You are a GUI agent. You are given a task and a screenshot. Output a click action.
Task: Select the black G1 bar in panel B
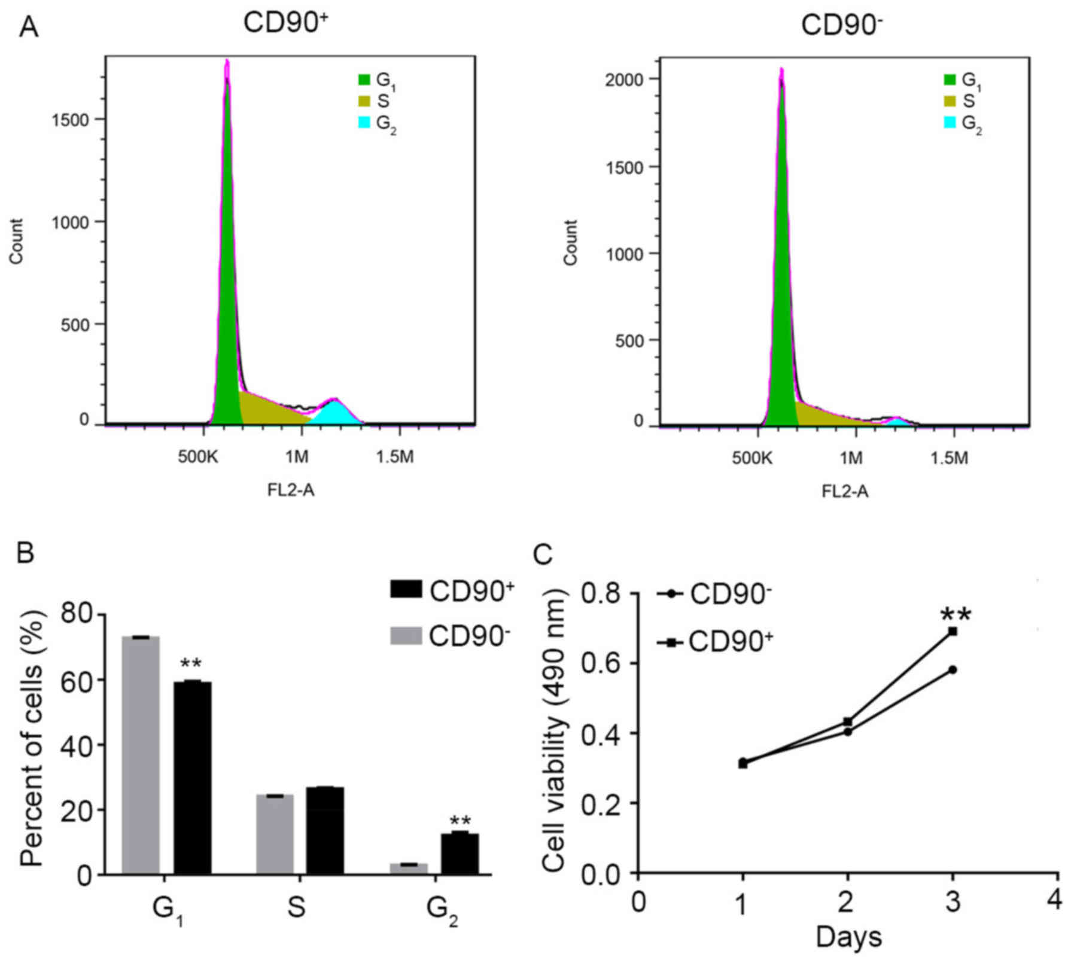point(192,778)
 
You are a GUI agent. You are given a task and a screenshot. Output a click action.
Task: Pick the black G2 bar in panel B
point(460,854)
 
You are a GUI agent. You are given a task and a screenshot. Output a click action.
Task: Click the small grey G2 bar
point(409,868)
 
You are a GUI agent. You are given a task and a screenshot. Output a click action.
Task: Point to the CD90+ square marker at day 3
point(953,632)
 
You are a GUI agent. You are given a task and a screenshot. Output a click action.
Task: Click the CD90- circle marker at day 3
point(953,670)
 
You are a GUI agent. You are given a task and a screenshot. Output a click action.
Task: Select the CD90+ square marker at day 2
point(848,722)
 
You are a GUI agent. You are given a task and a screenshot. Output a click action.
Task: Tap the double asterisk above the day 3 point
point(956,614)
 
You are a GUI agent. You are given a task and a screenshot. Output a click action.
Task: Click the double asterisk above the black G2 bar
point(460,821)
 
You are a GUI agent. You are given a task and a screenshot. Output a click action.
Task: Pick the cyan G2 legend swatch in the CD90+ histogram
point(364,123)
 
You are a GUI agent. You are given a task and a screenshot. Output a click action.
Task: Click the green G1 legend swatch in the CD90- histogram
point(950,80)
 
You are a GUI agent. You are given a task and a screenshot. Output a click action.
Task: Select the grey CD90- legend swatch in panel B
point(406,635)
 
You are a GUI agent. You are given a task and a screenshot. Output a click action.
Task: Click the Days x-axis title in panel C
point(848,937)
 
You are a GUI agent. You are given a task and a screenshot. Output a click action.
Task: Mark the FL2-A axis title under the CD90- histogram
point(845,492)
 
